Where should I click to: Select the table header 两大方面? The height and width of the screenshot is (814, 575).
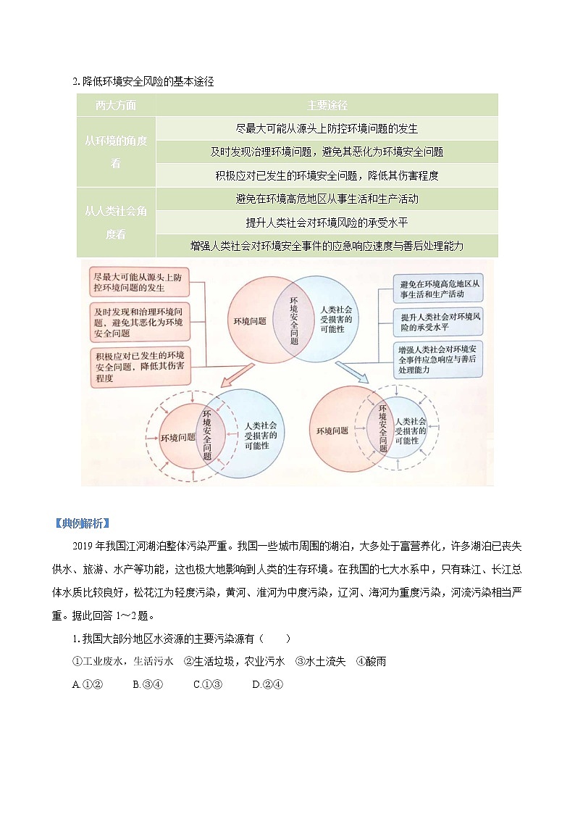116,105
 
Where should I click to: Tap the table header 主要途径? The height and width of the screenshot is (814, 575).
327,105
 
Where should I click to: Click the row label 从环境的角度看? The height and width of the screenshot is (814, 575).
116,151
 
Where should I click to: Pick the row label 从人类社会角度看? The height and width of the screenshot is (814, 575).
116,223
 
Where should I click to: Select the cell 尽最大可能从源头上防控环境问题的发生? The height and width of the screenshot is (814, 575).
327,128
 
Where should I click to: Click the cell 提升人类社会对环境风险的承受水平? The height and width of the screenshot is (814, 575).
327,223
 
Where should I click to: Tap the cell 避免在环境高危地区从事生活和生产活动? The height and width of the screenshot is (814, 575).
327,199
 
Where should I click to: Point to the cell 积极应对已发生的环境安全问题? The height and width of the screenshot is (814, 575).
327,175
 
